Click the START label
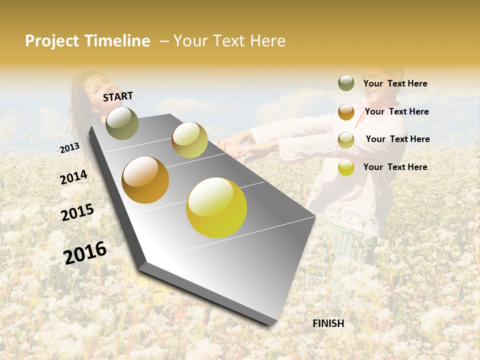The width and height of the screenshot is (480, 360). [118, 96]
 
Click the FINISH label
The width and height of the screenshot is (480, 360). [328, 323]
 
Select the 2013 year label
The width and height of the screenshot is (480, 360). [69, 147]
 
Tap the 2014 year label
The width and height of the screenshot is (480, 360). [73, 177]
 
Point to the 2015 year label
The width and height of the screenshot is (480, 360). [77, 212]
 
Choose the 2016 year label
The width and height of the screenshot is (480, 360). [85, 252]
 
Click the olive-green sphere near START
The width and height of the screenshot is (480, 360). [122, 123]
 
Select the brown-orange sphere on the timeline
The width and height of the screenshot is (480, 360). [145, 180]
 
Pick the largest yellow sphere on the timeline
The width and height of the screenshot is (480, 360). [216, 207]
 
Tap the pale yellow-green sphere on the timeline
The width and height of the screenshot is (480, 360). [189, 140]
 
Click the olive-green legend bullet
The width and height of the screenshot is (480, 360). [346, 83]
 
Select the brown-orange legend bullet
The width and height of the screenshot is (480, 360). [346, 112]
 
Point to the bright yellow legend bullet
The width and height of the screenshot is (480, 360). [346, 167]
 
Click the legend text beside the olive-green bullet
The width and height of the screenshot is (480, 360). [395, 84]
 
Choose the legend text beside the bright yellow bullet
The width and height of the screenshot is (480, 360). [395, 167]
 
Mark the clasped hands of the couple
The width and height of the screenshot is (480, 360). [240, 148]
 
